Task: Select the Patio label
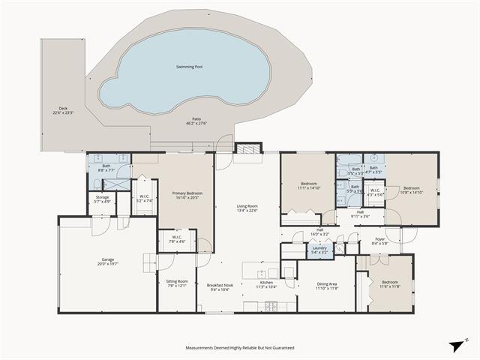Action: point(196,120)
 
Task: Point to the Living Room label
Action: point(247,208)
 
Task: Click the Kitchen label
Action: point(266,284)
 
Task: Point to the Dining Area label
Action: point(327,285)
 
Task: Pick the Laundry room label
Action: point(319,250)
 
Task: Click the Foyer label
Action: point(379,241)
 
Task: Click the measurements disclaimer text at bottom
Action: point(240,348)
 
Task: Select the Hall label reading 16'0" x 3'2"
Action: point(319,232)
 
